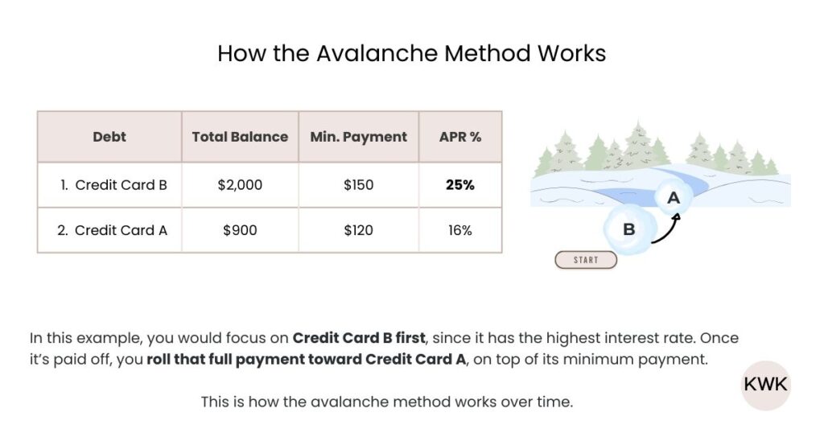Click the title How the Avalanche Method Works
(x=411, y=54)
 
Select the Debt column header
(x=109, y=137)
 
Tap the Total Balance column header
(x=240, y=137)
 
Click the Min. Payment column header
(x=359, y=137)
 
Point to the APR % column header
(x=460, y=137)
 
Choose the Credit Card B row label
(x=113, y=185)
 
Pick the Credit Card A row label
(x=113, y=230)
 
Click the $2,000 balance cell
(x=240, y=185)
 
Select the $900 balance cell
(x=240, y=230)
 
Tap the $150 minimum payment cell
(x=359, y=185)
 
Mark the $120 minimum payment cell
(x=359, y=230)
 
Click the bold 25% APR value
(x=460, y=185)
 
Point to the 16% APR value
(x=460, y=230)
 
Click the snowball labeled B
(x=628, y=229)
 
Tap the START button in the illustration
(x=586, y=260)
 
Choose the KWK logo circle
(x=764, y=385)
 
